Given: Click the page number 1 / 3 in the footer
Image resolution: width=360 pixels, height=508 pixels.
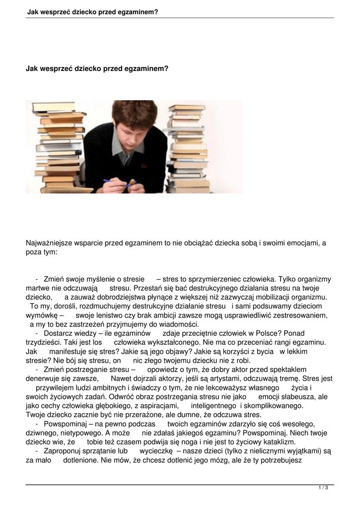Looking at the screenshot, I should tap(323, 488).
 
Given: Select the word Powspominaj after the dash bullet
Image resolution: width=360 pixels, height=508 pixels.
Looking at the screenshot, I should tap(66, 424).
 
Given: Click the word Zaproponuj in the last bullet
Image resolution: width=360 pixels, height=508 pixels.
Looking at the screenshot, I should tap(62, 451).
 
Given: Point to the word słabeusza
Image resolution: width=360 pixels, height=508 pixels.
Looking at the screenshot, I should tap(293, 397).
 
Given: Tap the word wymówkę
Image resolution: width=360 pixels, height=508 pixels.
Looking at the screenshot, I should tap(42, 316).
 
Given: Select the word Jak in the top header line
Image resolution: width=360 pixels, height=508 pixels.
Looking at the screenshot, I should tap(33, 10).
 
